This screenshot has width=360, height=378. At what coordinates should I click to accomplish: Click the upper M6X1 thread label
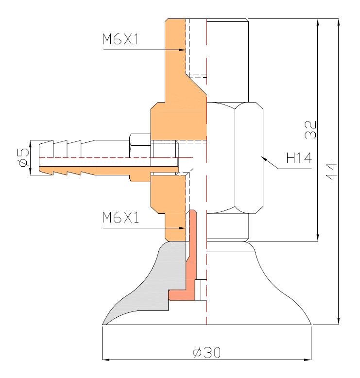(x=120, y=39)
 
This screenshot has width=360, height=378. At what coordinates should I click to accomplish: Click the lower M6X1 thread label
(x=120, y=218)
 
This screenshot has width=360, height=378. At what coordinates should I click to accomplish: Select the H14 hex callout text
(x=298, y=158)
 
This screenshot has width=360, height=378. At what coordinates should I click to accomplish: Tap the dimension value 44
(x=331, y=172)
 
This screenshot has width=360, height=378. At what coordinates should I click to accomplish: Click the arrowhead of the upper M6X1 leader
(x=183, y=50)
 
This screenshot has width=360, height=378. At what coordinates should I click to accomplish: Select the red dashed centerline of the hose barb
(x=117, y=158)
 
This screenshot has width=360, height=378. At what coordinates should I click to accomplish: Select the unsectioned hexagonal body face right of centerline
(x=249, y=158)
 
